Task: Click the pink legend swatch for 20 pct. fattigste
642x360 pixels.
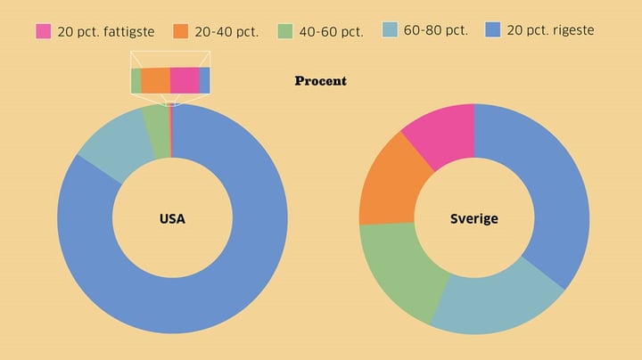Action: pos(44,31)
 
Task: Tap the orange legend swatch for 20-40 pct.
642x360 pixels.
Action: pos(181,31)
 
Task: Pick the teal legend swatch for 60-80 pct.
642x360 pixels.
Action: pos(390,30)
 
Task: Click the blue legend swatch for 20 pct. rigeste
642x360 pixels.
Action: pos(493,30)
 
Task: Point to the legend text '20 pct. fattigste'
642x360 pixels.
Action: pos(105,31)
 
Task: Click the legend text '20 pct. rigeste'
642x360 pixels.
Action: pos(550,30)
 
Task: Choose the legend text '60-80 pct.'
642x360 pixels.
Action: pos(435,30)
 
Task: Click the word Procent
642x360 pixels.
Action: pos(320,81)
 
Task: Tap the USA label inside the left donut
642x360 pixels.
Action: pos(172,218)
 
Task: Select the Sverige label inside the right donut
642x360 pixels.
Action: pos(474,218)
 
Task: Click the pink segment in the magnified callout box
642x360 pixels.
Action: pos(185,80)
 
